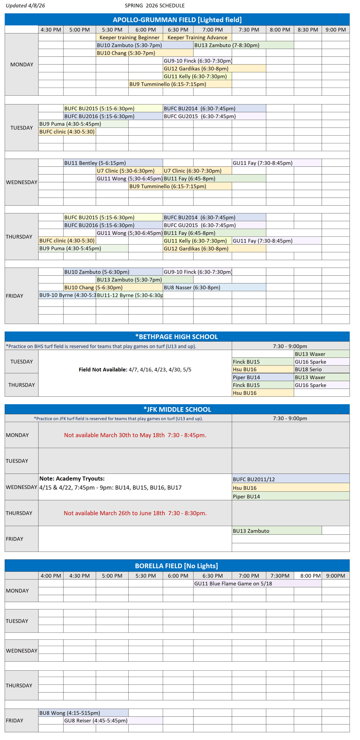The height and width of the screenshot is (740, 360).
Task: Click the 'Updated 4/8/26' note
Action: pyautogui.click(x=25, y=5)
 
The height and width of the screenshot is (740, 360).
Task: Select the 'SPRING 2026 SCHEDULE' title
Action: pyautogui.click(x=154, y=5)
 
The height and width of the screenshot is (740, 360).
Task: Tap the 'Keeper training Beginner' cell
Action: pyautogui.click(x=129, y=37)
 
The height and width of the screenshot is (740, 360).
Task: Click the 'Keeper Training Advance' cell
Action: pyautogui.click(x=197, y=37)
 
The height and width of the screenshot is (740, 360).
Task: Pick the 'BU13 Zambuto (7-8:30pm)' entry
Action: pyautogui.click(x=227, y=45)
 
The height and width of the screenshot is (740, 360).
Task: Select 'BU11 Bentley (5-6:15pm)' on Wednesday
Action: pyautogui.click(x=95, y=163)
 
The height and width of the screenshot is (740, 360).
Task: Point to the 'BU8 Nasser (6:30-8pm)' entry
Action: pyautogui.click(x=192, y=287)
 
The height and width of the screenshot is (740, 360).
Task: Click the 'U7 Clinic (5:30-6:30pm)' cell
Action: pyautogui.click(x=125, y=171)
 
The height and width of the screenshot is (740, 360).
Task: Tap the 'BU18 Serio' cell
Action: pyautogui.click(x=308, y=369)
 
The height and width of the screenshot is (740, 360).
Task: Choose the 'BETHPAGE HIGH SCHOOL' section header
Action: pyautogui.click(x=177, y=336)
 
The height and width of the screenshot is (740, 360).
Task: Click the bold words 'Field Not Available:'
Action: pyautogui.click(x=103, y=369)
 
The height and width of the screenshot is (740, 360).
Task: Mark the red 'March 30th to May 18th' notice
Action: pyautogui.click(x=135, y=435)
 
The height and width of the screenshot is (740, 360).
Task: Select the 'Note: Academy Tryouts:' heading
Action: pyautogui.click(x=72, y=478)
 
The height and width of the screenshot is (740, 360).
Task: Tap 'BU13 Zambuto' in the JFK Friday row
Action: pyautogui.click(x=251, y=531)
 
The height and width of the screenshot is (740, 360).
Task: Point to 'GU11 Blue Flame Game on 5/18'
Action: pyautogui.click(x=233, y=583)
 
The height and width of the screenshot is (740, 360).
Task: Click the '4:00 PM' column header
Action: pyautogui.click(x=51, y=576)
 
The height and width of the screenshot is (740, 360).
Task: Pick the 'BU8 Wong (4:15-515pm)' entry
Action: pyautogui.click(x=69, y=713)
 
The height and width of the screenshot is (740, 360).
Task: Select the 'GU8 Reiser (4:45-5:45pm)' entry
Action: pyautogui.click(x=96, y=720)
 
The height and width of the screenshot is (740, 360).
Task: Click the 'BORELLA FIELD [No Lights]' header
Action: pyautogui.click(x=176, y=566)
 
